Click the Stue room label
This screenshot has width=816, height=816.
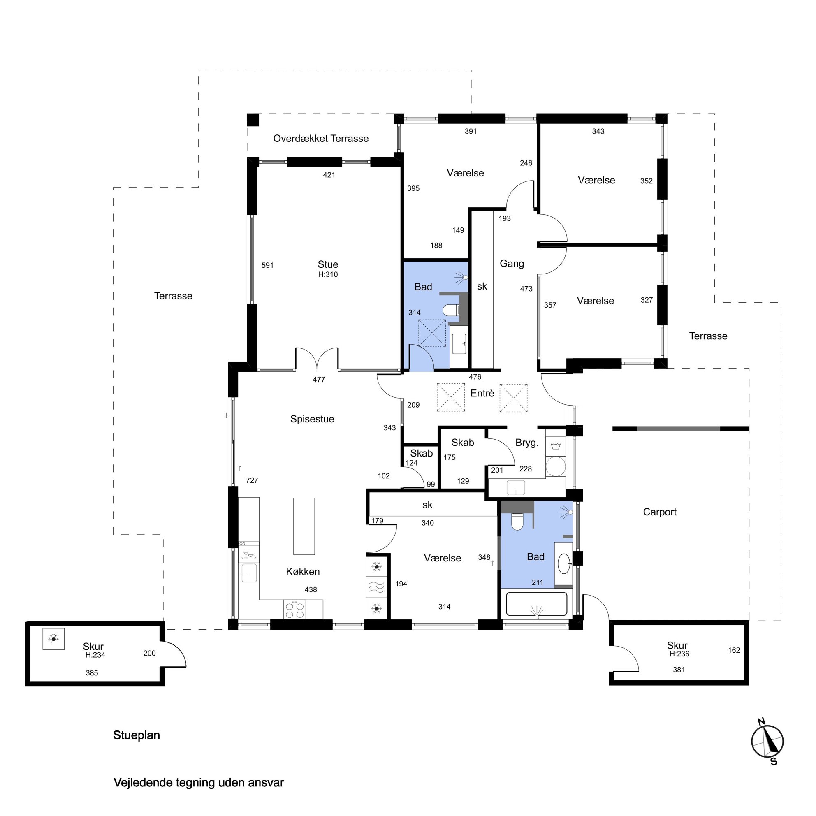(x=328, y=264)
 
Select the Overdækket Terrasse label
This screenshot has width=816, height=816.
(x=320, y=139)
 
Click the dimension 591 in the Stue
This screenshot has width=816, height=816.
(x=267, y=265)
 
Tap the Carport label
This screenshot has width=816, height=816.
(x=660, y=512)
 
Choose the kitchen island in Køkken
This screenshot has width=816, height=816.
(x=304, y=526)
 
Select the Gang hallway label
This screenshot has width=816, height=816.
(x=512, y=264)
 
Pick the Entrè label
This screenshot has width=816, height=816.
(x=482, y=393)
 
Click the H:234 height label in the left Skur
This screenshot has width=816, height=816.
(x=95, y=655)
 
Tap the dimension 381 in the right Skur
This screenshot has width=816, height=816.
(x=679, y=670)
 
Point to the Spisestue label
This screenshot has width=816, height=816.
(x=312, y=419)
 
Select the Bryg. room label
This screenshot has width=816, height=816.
(x=527, y=443)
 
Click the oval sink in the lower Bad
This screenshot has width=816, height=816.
(x=564, y=563)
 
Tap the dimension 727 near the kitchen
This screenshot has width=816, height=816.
(x=252, y=480)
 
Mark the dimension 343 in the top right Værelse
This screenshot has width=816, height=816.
(x=598, y=131)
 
